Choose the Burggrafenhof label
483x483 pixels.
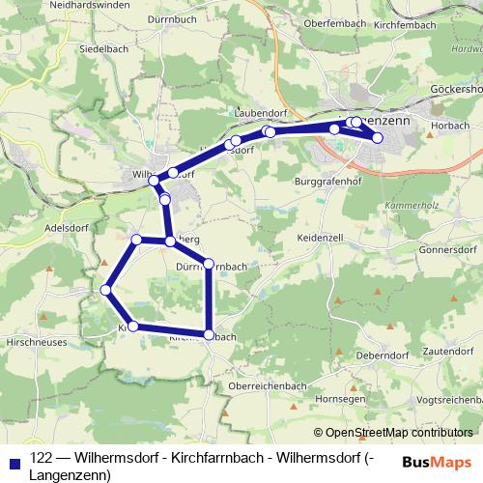pyautogui.click(x=328, y=181)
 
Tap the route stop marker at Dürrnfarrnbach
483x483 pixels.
pyautogui.click(x=209, y=264)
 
